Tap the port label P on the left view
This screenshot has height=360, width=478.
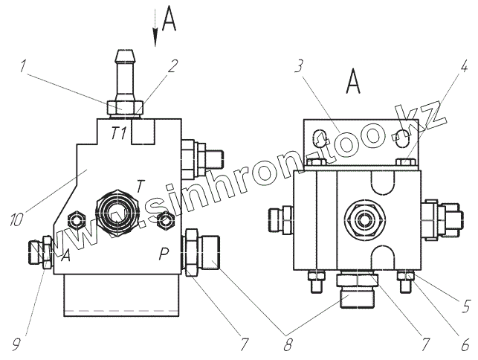(x=162, y=255)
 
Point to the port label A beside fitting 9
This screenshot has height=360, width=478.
(x=65, y=255)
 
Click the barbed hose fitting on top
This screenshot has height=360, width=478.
(x=123, y=74)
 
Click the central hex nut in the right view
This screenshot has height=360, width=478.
(x=364, y=219)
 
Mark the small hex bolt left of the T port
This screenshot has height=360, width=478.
(x=76, y=219)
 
